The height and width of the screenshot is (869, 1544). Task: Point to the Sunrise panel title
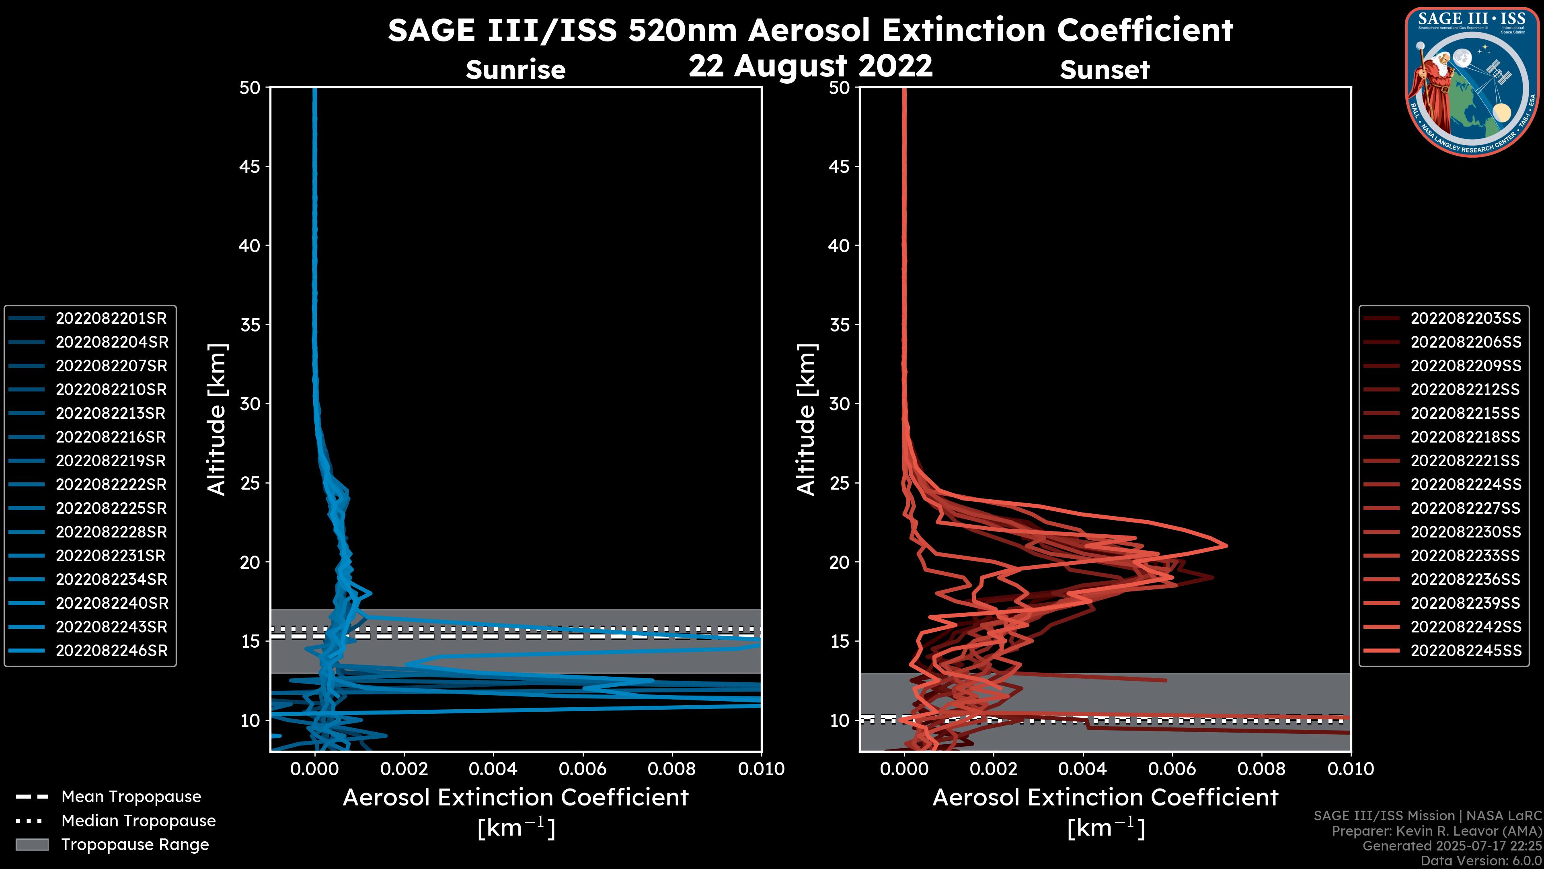tap(515, 70)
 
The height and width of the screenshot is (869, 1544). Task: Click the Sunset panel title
tap(1105, 70)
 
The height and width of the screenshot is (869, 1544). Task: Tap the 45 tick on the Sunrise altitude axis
tap(250, 167)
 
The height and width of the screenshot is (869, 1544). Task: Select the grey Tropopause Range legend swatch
tap(32, 845)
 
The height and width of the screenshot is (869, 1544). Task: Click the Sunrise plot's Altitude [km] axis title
tap(217, 419)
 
